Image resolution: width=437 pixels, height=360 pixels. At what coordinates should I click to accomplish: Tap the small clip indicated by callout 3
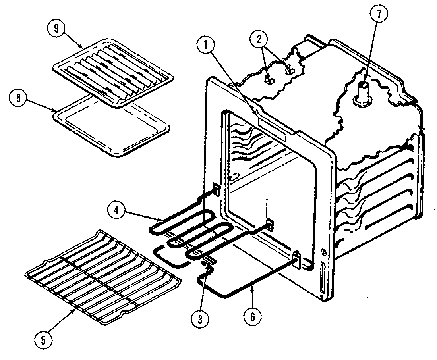(x=209, y=262)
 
